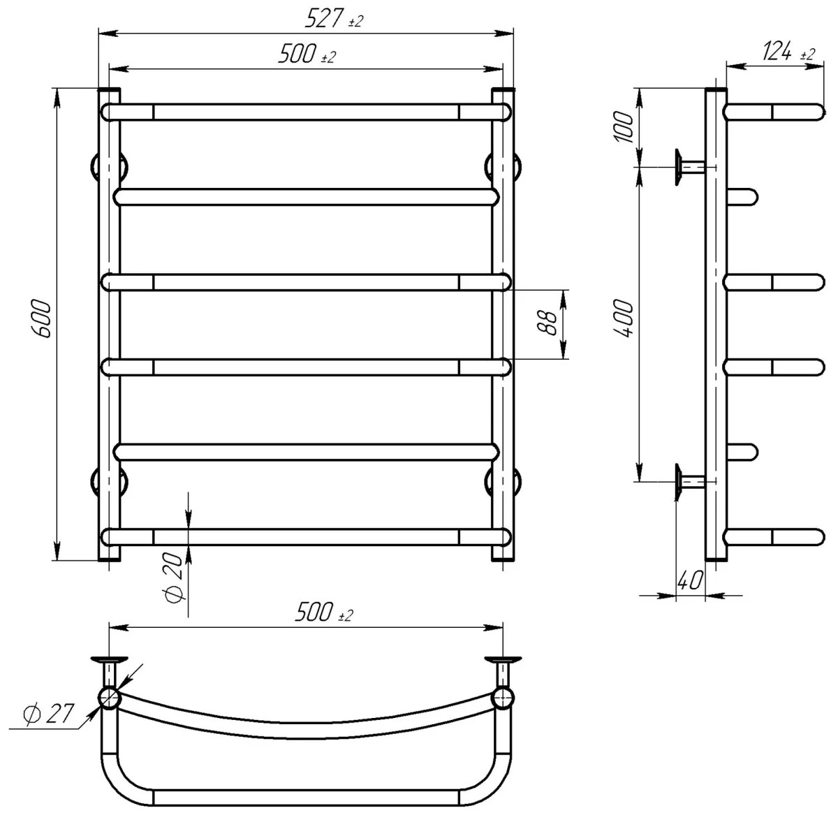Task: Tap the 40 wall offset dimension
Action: (x=689, y=581)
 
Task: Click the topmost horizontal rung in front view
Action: (x=306, y=112)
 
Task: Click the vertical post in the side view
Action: (x=716, y=321)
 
